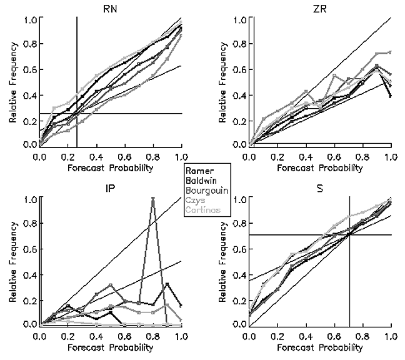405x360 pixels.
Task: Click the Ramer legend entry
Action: pos(201,170)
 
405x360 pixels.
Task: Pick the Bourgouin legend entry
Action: pos(207,190)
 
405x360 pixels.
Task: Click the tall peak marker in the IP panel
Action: pos(152,199)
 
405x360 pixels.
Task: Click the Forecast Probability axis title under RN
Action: pos(110,167)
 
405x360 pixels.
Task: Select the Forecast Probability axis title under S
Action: pos(319,347)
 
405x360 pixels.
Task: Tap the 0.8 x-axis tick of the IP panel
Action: pos(152,336)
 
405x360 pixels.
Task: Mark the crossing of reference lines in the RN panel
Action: pos(77,113)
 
